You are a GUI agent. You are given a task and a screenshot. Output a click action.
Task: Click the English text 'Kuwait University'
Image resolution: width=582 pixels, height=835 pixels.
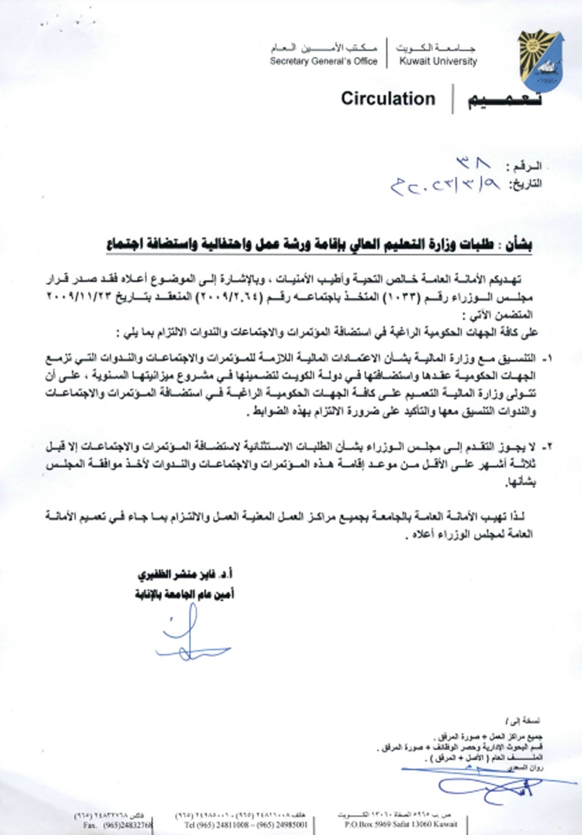click(438, 61)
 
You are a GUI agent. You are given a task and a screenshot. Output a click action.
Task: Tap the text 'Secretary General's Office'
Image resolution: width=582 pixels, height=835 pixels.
click(324, 61)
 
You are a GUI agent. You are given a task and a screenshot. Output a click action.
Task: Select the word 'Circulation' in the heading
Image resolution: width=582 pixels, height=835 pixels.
click(388, 99)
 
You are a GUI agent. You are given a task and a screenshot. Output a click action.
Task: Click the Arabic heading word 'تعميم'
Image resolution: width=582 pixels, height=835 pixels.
click(504, 100)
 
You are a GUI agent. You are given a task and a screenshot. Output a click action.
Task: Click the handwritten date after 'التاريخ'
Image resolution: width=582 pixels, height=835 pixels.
click(446, 186)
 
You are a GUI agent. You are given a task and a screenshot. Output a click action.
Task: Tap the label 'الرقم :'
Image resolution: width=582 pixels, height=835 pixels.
click(525, 167)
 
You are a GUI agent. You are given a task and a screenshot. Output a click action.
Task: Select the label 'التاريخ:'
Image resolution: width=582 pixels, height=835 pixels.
click(526, 184)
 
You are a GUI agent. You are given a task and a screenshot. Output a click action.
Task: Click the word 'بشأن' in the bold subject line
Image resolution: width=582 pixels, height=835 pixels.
click(517, 244)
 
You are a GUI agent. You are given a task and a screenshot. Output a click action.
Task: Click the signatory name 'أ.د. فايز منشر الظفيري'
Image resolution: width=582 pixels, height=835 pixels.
click(186, 575)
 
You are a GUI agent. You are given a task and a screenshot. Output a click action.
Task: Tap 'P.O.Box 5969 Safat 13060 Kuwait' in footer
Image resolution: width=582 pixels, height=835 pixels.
click(401, 825)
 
